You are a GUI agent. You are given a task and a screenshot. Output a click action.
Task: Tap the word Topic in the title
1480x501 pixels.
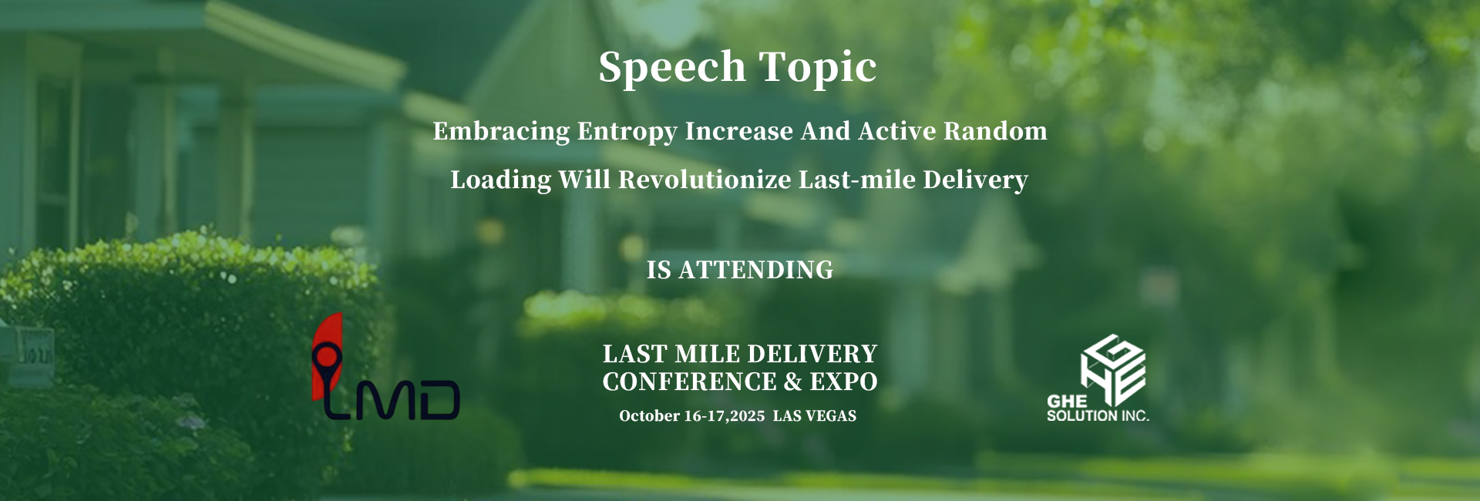tap(818, 68)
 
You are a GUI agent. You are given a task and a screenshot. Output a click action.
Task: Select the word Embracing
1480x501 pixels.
tap(501, 132)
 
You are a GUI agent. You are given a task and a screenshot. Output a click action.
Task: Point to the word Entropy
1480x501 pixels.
tap(627, 132)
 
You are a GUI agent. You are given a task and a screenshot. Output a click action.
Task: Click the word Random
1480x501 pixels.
tap(995, 131)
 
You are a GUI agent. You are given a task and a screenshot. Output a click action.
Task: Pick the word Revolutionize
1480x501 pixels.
tap(705, 180)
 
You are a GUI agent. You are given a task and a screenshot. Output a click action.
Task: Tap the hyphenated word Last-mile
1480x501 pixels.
tap(857, 180)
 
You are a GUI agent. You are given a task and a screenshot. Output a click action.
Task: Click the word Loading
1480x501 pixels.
tap(501, 180)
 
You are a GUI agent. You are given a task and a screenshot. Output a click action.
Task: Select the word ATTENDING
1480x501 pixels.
tap(755, 270)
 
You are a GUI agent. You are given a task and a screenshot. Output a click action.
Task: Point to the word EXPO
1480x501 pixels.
tap(843, 382)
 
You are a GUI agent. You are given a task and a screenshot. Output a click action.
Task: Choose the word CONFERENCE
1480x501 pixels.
tap(690, 382)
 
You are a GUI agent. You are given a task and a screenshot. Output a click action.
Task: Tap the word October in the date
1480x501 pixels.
tap(650, 416)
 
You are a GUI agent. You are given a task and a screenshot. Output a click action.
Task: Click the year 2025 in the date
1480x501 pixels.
tap(747, 416)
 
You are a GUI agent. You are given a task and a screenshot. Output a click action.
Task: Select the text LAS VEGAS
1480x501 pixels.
tap(815, 416)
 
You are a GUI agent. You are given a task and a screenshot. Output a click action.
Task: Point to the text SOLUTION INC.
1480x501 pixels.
tap(1098, 415)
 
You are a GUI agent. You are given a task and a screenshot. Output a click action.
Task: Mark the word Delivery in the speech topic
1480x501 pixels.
tap(976, 180)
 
